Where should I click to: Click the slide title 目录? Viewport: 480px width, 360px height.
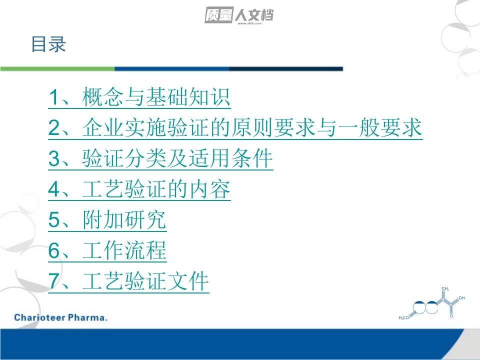tap(48, 44)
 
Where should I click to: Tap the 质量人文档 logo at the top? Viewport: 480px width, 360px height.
tap(239, 15)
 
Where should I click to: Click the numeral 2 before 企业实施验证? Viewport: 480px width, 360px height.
tap(54, 127)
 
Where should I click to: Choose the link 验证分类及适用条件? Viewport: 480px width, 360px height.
tap(177, 158)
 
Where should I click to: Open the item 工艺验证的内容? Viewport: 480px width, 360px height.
tap(156, 189)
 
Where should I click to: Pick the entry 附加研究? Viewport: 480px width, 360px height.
tap(124, 219)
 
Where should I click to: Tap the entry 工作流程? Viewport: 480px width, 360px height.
tap(124, 250)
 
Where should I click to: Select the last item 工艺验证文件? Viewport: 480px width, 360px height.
tap(145, 281)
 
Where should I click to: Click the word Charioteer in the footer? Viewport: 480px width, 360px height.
tap(39, 317)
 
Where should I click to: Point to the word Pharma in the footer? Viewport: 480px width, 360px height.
tap(87, 317)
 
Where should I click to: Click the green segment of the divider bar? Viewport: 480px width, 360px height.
tap(57, 69)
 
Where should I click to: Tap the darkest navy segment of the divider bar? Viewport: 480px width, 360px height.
tap(286, 69)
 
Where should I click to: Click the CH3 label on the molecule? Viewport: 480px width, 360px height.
tap(445, 288)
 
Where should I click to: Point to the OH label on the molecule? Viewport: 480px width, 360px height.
tap(461, 298)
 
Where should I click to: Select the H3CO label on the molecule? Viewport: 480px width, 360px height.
tap(403, 318)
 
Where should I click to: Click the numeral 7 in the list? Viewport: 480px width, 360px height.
tap(54, 281)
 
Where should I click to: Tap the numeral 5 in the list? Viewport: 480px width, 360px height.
tap(54, 220)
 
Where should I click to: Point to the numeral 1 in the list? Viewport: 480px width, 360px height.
tap(54, 97)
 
